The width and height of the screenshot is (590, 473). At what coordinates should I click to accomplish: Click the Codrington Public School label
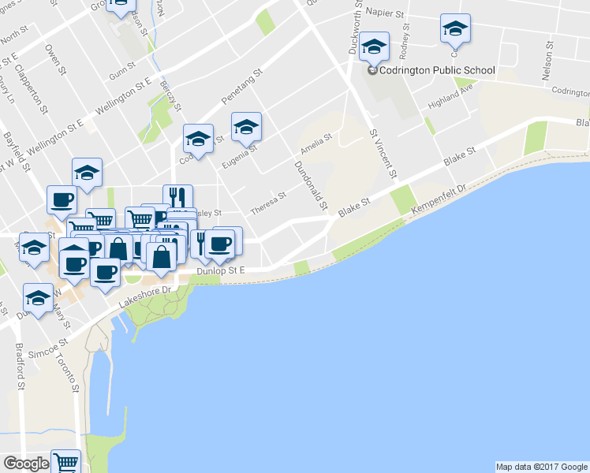tap(436, 70)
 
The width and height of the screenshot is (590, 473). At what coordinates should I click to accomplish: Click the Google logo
tap(26, 464)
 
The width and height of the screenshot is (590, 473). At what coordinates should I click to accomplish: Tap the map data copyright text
tap(541, 466)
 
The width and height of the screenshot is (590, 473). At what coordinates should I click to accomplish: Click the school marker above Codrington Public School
tap(374, 47)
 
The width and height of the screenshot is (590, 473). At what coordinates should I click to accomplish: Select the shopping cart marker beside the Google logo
tap(66, 461)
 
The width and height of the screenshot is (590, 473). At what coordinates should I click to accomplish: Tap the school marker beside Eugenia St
tap(246, 126)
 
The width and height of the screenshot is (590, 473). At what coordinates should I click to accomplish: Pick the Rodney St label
tap(405, 47)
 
